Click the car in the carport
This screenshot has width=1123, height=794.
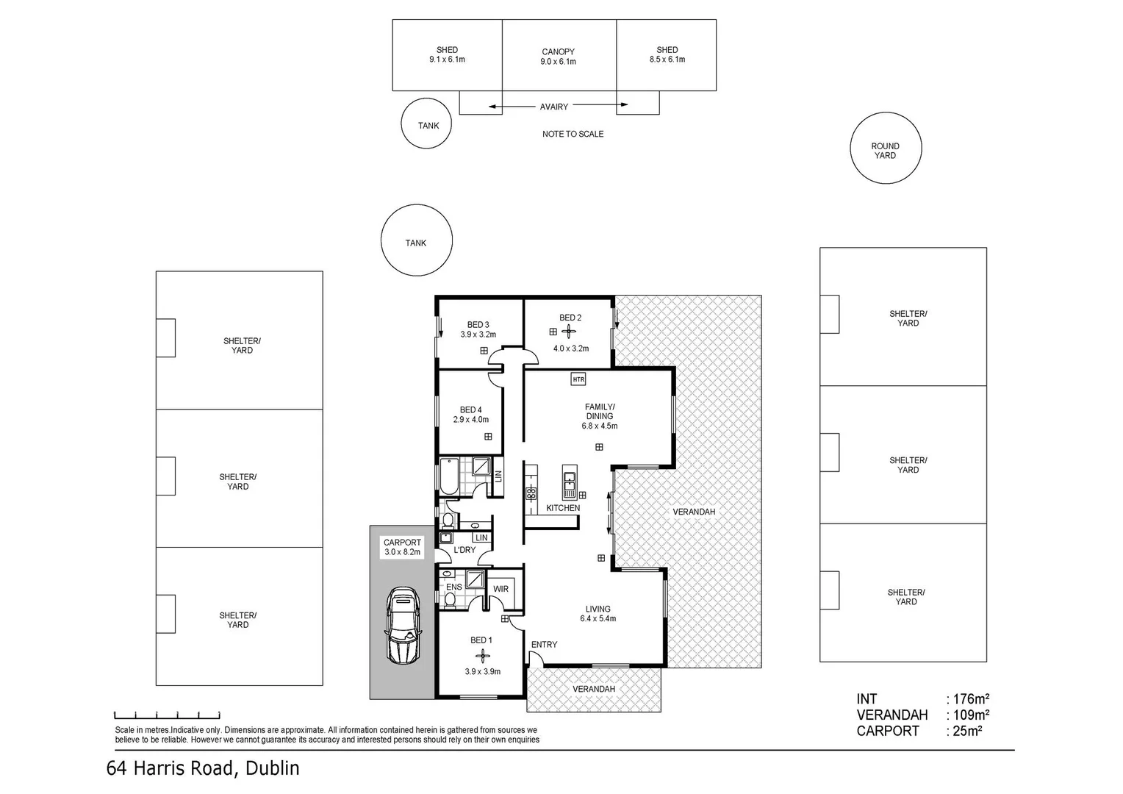pos(402,626)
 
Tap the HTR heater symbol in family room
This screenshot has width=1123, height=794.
pos(578,379)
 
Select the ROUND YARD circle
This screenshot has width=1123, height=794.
pos(885,149)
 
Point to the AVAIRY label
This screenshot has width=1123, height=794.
pos(554,107)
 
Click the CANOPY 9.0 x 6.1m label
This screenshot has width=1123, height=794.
pos(558,57)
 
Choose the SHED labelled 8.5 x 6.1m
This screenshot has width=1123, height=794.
pos(667,55)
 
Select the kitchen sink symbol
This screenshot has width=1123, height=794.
pos(569,482)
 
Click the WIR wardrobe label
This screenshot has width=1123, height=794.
pos(500,589)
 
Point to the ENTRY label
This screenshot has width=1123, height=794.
pos(544,645)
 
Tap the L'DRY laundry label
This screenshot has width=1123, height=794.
pos(464,550)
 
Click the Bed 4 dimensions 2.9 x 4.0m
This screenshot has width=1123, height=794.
pos(470,420)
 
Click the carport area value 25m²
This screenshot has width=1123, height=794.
pos(966,731)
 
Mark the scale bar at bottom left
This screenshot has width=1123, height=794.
pos(167,715)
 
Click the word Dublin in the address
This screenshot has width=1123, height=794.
pos(273,768)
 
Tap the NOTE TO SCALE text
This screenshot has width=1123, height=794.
pos(573,134)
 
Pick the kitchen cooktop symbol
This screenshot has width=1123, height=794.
pos(531,493)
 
